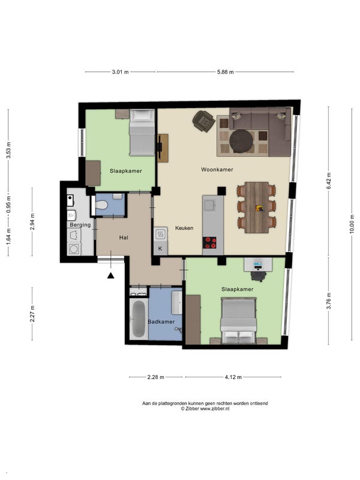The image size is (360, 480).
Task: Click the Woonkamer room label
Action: click(x=217, y=170)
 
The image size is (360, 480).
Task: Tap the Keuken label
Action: click(x=184, y=228)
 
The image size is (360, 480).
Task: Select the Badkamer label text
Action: click(x=161, y=322)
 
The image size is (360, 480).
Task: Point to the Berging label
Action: click(x=80, y=225)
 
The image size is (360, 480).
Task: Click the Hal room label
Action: click(x=124, y=238)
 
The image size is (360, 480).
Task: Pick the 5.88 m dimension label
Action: click(x=226, y=72)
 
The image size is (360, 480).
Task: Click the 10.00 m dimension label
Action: click(x=352, y=224)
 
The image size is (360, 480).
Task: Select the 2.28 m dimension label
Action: click(x=156, y=377)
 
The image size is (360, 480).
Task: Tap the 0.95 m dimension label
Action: click(x=8, y=205)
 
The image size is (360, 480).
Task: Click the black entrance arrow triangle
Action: click(x=111, y=275)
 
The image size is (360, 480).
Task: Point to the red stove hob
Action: click(x=209, y=243)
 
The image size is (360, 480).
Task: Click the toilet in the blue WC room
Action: click(x=101, y=205)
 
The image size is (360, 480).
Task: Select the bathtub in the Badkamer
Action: click(x=139, y=319)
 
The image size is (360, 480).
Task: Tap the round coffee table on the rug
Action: click(x=242, y=141)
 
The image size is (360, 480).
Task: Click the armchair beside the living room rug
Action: click(x=203, y=121)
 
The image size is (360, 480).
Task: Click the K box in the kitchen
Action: click(x=160, y=248)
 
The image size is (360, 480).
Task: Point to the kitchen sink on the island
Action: click(x=210, y=205)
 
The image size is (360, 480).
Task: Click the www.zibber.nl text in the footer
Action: click(x=215, y=409)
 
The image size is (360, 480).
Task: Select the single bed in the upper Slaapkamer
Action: click(x=142, y=133)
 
